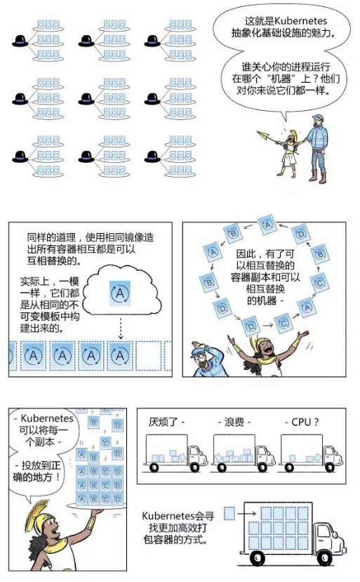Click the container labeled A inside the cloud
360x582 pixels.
click(120, 293)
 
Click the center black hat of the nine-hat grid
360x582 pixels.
click(86, 98)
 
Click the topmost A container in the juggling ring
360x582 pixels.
click(268, 224)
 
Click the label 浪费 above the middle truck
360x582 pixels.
click(234, 422)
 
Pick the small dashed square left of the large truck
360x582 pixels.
click(229, 514)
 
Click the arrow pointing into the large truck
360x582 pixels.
click(247, 514)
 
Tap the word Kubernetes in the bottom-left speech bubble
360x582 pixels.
click(47, 418)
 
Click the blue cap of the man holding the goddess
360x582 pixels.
click(318, 118)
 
